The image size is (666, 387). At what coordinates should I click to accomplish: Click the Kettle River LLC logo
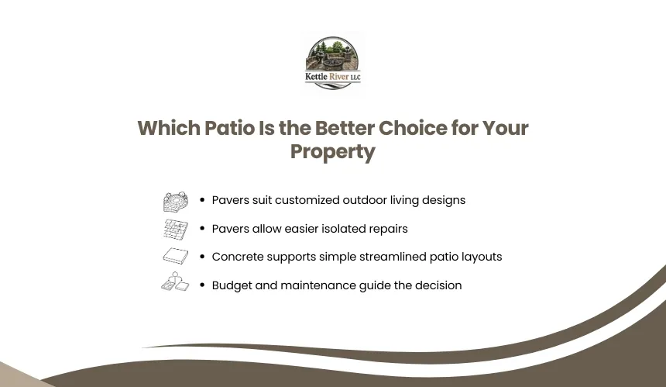pyautogui.click(x=332, y=63)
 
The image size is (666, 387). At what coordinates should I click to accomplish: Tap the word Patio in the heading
pyautogui.click(x=229, y=128)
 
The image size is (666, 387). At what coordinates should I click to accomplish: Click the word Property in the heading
pyautogui.click(x=333, y=152)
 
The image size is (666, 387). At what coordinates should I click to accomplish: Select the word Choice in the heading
pyautogui.click(x=413, y=128)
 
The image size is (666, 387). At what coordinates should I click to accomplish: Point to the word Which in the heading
pyautogui.click(x=169, y=128)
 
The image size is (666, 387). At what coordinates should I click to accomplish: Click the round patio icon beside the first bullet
pyautogui.click(x=176, y=201)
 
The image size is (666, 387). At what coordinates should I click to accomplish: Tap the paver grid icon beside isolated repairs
pyautogui.click(x=176, y=230)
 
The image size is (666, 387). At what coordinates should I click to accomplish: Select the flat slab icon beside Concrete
pyautogui.click(x=176, y=257)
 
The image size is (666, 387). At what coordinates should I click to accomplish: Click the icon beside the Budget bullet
pyautogui.click(x=175, y=282)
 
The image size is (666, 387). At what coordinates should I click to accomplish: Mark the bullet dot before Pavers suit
pyautogui.click(x=202, y=200)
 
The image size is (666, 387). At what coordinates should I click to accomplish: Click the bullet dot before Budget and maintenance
pyautogui.click(x=202, y=285)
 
